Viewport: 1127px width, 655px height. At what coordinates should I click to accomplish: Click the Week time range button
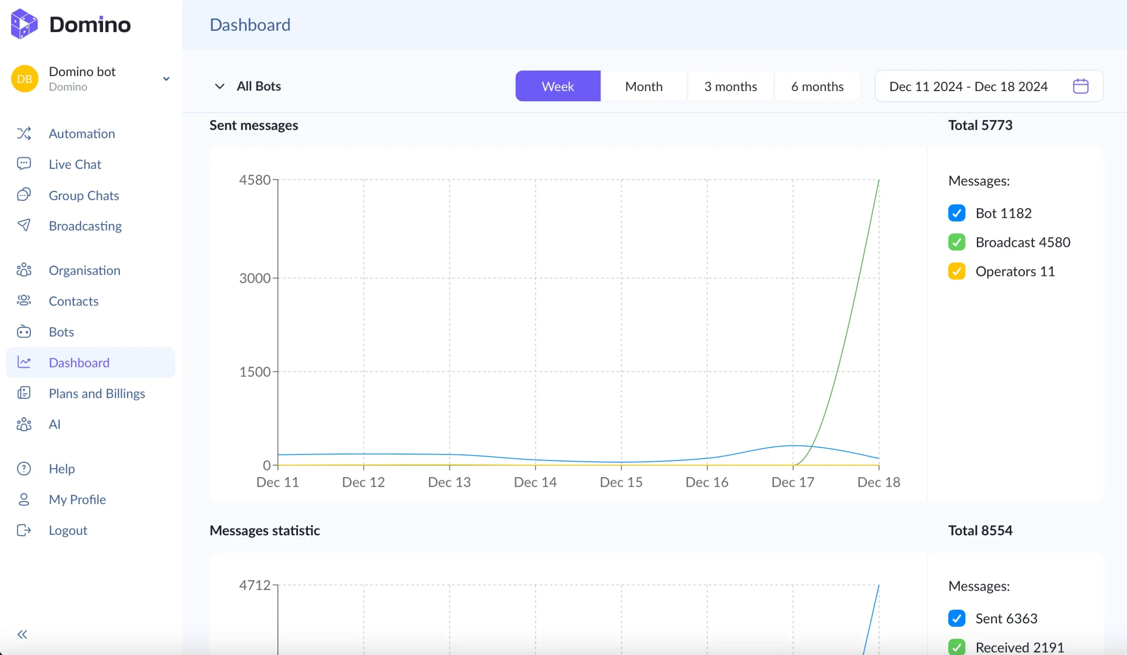tap(557, 86)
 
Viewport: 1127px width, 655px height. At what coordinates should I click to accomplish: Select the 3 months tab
tap(730, 86)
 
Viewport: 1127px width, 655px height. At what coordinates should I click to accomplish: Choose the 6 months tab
tap(817, 86)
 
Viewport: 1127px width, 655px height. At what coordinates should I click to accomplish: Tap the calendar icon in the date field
tap(1080, 86)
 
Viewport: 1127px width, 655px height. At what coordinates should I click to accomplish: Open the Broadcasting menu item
tap(85, 226)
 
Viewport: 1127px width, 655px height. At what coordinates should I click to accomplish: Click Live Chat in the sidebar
tap(75, 164)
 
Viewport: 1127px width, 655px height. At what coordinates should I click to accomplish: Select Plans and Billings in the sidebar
tap(96, 394)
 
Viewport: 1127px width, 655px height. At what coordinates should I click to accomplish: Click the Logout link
tap(67, 530)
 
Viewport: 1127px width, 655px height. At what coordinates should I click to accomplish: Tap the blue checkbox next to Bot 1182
tap(956, 213)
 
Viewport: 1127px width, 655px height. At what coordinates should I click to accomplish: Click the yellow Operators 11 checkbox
tap(956, 271)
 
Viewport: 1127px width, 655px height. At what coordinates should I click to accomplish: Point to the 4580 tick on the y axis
tap(254, 180)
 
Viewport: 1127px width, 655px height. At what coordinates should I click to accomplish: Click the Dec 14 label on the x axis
tap(535, 482)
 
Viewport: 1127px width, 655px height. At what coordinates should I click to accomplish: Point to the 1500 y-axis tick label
tap(254, 372)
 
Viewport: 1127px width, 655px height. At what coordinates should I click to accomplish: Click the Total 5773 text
tap(980, 125)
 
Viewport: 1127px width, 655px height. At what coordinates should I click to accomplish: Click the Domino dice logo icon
tap(24, 24)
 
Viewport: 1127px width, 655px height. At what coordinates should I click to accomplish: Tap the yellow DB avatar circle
tap(24, 79)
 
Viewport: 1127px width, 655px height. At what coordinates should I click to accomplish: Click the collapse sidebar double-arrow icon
tap(22, 634)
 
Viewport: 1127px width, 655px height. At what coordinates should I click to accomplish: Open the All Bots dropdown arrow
tap(219, 86)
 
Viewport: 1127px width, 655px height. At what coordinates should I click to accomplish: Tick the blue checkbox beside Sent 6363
tap(956, 618)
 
